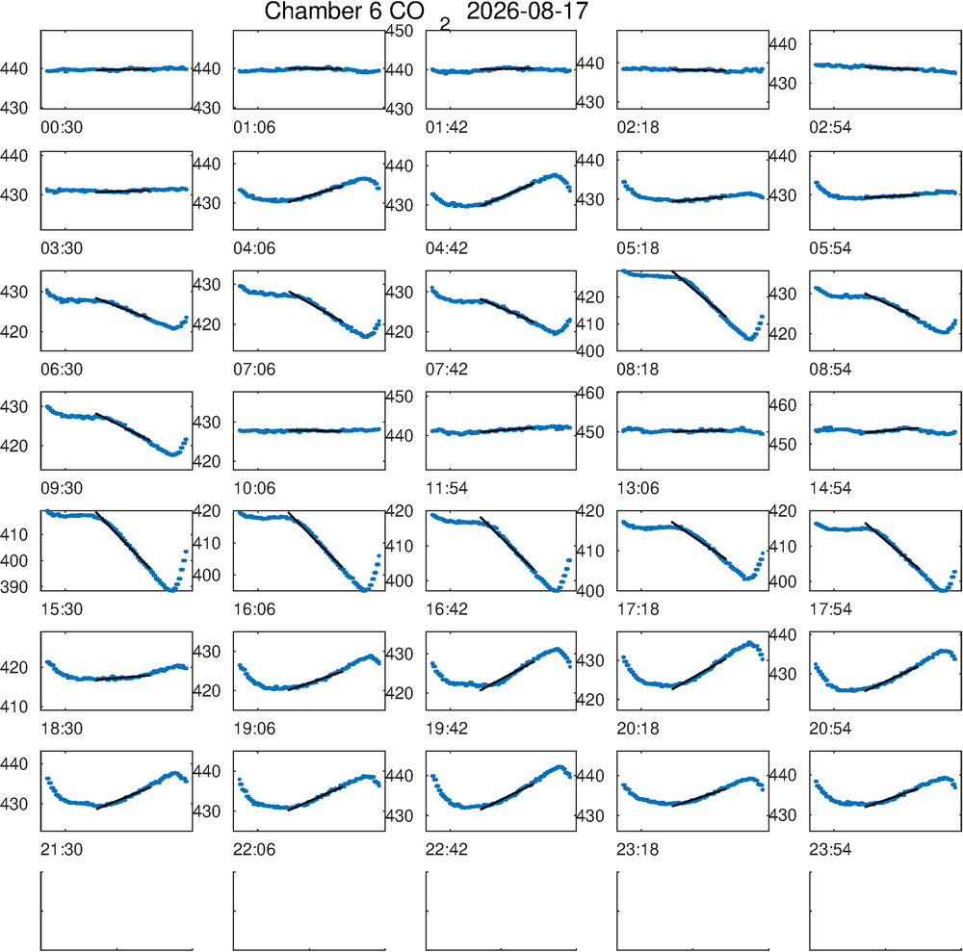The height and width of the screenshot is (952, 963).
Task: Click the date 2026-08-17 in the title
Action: coord(527,11)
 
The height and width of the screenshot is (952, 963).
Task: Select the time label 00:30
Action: coord(62,128)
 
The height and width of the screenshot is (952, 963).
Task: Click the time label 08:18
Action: coord(638,370)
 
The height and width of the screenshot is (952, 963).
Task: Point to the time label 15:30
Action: coord(62,609)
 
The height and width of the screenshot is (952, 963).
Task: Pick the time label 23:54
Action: coord(830,850)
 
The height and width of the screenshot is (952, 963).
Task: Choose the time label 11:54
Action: coord(447,489)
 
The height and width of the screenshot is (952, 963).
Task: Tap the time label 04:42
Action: coord(447,248)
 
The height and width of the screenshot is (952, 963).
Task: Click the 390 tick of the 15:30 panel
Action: coord(14,587)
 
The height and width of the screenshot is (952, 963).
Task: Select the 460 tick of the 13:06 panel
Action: coord(589,393)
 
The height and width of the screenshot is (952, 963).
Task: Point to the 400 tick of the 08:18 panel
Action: coord(589,351)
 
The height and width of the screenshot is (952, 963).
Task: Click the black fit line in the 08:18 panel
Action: coord(699,293)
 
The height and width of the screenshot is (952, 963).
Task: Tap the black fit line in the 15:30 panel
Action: coord(123,540)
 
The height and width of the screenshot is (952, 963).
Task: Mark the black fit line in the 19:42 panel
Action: coord(507,676)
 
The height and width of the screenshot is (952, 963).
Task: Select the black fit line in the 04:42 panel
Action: coord(507,193)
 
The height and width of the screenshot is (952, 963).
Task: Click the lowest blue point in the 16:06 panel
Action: coord(365,590)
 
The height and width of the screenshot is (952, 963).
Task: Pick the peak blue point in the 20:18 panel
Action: coord(749,643)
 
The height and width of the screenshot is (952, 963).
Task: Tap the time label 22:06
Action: coord(254,850)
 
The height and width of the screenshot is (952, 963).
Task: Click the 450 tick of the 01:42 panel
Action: coord(400,31)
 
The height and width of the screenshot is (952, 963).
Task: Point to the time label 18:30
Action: coord(62,730)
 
